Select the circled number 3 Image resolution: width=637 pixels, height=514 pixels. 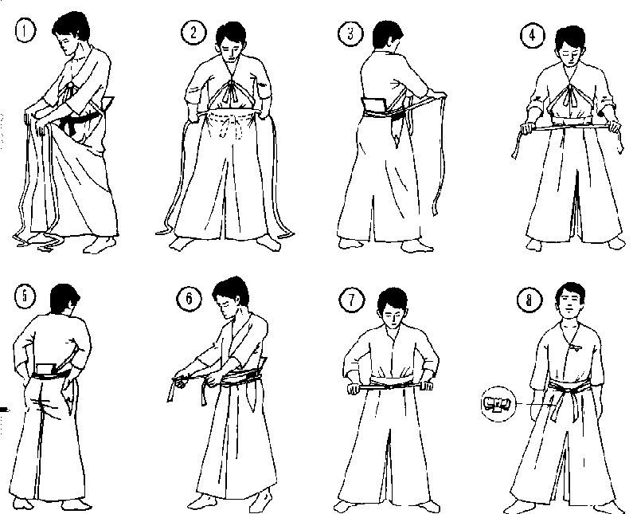350,33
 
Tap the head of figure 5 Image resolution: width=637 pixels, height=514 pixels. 63,301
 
